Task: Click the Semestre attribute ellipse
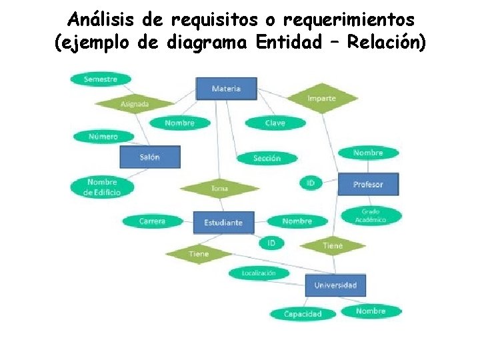[x=100, y=79]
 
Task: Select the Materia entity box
[x=226, y=89]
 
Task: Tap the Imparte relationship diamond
[x=322, y=98]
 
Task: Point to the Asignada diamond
[x=135, y=103]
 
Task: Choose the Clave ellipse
[x=275, y=123]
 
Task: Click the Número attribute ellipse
[x=103, y=137]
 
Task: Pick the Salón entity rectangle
[x=149, y=157]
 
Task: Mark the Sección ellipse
[x=267, y=158]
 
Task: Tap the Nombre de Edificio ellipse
[x=102, y=187]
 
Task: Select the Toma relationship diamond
[x=219, y=189]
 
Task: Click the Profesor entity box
[x=368, y=184]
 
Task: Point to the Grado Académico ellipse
[x=371, y=215]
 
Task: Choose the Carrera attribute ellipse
[x=152, y=221]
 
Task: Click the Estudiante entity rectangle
[x=223, y=222]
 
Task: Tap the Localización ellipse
[x=258, y=273]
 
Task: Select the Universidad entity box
[x=335, y=285]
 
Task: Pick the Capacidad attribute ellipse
[x=303, y=314]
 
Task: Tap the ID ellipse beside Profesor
[x=311, y=182]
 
